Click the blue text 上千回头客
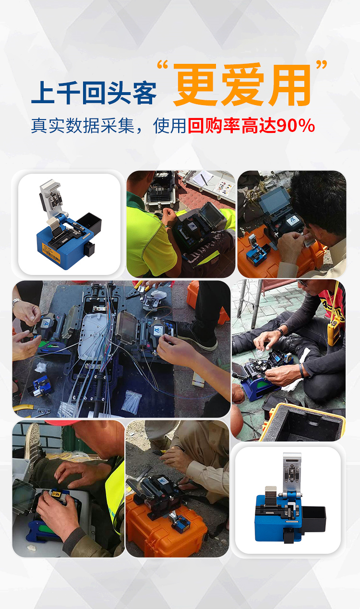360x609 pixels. [94, 93]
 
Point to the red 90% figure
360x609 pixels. [296, 126]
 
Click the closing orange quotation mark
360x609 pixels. [322, 65]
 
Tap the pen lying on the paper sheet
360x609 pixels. [204, 179]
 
